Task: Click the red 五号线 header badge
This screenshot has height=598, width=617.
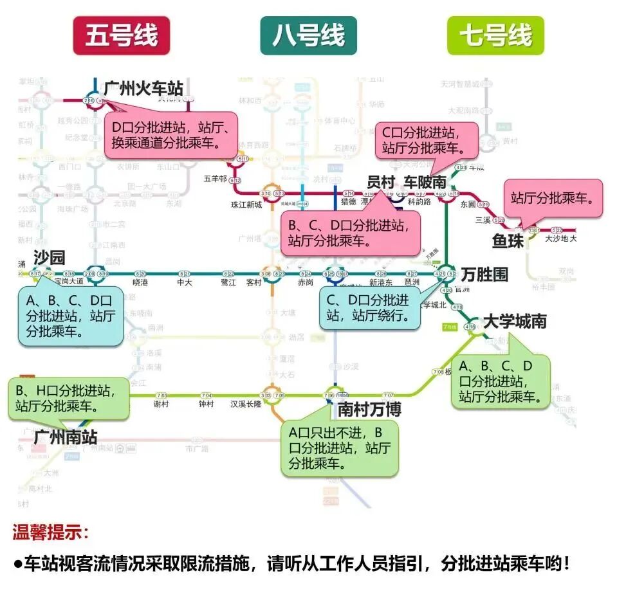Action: click(x=121, y=36)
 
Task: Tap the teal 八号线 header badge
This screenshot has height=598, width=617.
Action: click(x=308, y=36)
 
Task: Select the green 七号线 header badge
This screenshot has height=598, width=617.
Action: click(x=495, y=36)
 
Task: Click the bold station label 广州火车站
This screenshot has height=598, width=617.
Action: click(x=143, y=88)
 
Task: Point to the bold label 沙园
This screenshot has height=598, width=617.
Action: click(x=49, y=258)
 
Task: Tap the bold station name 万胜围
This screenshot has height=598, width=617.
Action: click(x=484, y=275)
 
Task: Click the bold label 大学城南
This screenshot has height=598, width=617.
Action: click(x=514, y=321)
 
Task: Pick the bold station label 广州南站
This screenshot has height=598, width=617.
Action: click(x=65, y=438)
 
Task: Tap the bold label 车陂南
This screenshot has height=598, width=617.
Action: click(x=425, y=182)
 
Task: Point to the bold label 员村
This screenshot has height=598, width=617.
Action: click(x=380, y=182)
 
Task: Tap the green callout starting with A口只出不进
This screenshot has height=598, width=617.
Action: click(x=339, y=448)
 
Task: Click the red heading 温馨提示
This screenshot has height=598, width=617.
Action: click(x=51, y=532)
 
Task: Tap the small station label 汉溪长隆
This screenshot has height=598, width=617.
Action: click(x=246, y=404)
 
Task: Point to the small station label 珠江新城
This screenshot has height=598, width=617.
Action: click(x=246, y=205)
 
